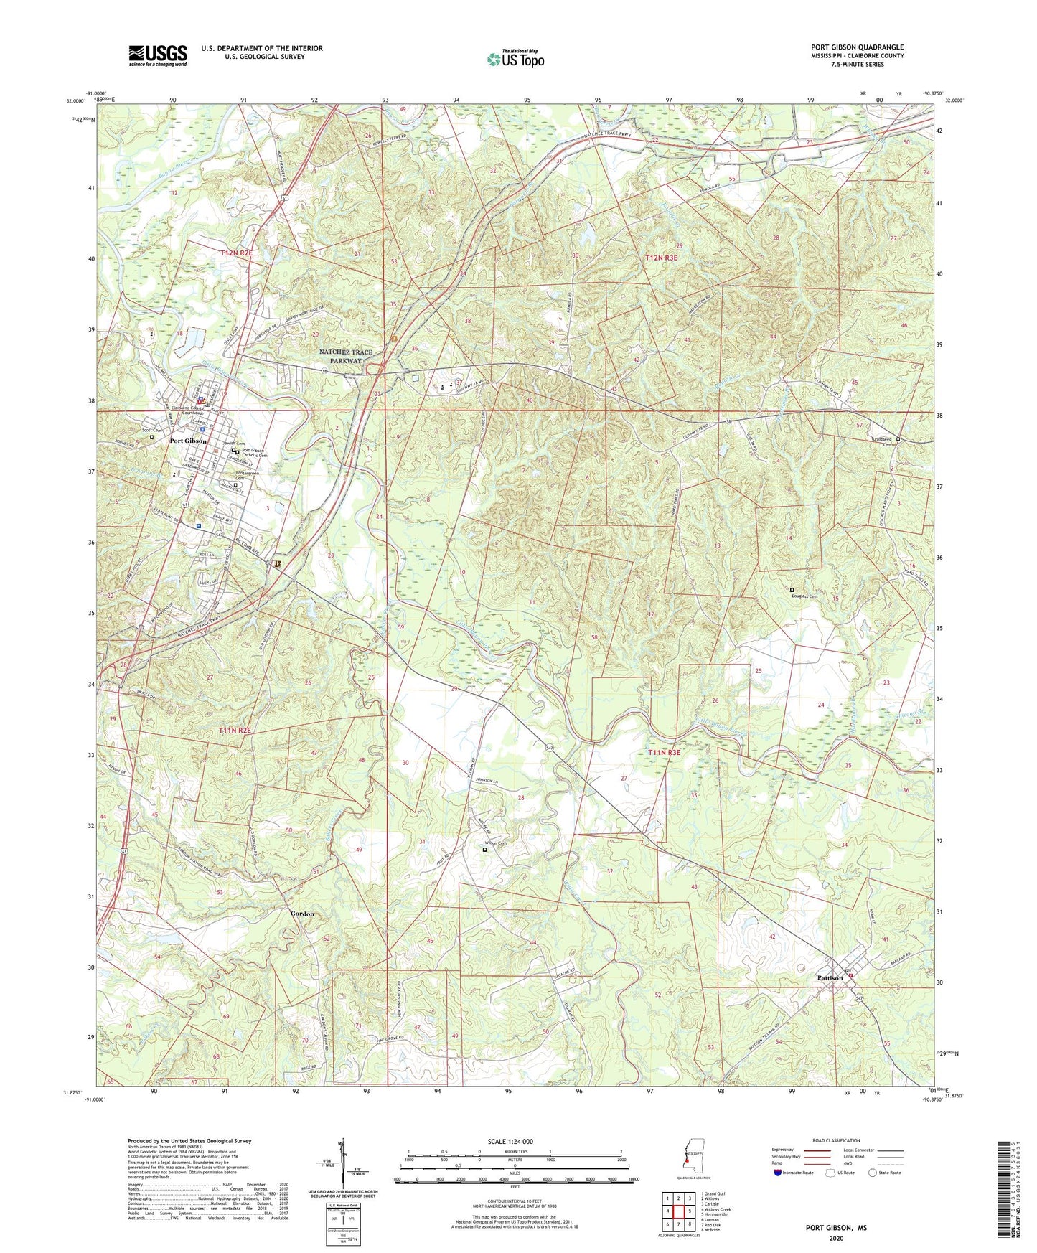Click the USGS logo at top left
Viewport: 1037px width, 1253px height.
tap(158, 55)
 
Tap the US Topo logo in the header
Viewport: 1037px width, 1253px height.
tap(515, 59)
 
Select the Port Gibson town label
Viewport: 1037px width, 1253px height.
tap(188, 441)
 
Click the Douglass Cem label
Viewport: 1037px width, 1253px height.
tap(804, 596)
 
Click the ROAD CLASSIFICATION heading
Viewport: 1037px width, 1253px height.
tap(836, 1140)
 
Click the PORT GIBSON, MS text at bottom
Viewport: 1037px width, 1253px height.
tap(836, 1228)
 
